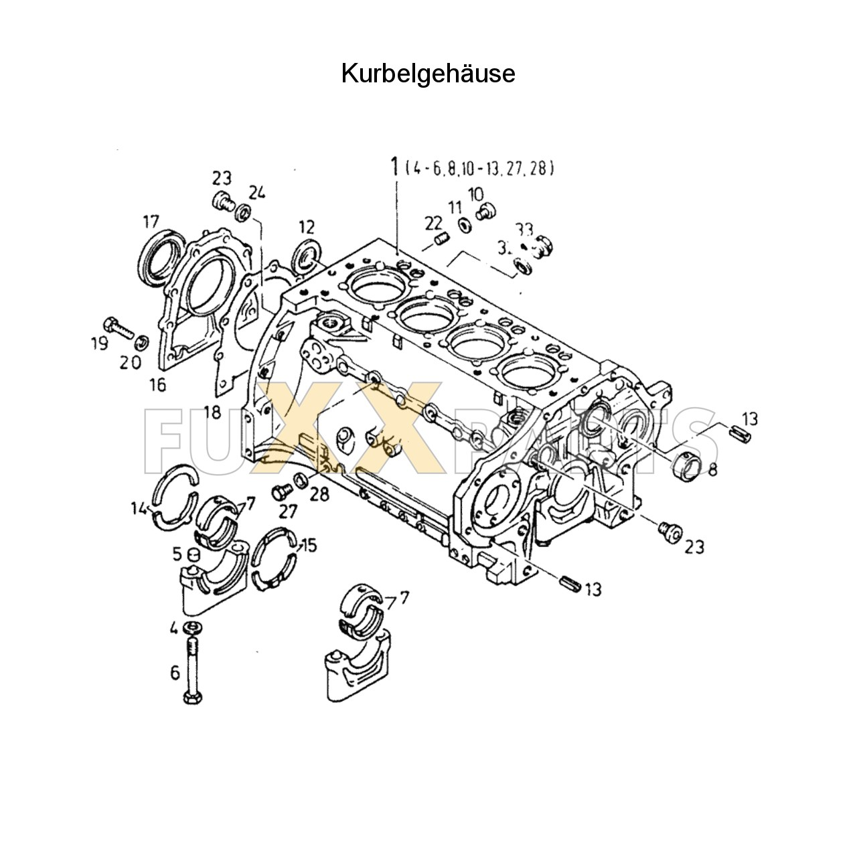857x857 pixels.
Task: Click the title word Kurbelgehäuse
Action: [x=428, y=74]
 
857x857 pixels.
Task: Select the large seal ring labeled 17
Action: [x=161, y=254]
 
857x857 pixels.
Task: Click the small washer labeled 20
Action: [x=141, y=343]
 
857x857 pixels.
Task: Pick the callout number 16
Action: [x=158, y=385]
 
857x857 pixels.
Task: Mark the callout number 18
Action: [x=212, y=412]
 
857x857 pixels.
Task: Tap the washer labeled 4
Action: [x=191, y=627]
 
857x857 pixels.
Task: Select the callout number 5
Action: [x=177, y=554]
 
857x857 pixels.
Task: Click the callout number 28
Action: [x=321, y=495]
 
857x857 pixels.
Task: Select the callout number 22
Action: [x=434, y=222]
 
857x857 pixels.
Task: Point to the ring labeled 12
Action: [x=308, y=255]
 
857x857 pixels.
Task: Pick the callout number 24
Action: [x=257, y=193]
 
